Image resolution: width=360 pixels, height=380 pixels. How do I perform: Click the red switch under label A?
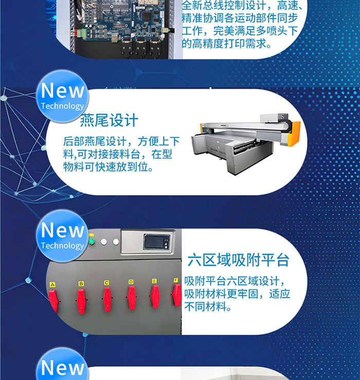tap(53, 301)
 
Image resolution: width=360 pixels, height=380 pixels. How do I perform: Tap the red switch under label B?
tap(81, 301)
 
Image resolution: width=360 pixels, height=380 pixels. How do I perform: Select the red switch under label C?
tap(107, 299)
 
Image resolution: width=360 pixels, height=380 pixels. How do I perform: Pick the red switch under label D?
tap(132, 298)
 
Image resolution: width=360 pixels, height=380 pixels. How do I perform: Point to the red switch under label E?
tap(155, 297)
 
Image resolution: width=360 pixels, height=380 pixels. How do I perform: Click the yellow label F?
tap(176, 281)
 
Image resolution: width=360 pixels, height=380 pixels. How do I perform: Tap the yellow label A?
tap(52, 285)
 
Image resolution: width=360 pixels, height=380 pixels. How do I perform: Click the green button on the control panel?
tap(92, 241)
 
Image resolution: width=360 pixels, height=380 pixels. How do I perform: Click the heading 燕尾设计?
tap(109, 120)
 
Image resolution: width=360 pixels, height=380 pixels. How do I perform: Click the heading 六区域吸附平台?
tap(239, 260)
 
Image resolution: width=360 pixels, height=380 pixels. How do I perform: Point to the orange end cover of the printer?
tap(294, 133)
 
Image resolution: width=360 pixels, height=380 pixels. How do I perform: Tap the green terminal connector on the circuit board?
tap(82, 33)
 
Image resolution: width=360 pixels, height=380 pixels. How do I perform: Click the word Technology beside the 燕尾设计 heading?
tap(62, 106)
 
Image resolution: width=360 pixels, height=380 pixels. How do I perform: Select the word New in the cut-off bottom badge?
tap(63, 368)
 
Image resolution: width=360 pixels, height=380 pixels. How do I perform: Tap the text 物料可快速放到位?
tap(105, 167)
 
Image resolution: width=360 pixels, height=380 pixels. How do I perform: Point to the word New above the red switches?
tap(63, 231)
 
